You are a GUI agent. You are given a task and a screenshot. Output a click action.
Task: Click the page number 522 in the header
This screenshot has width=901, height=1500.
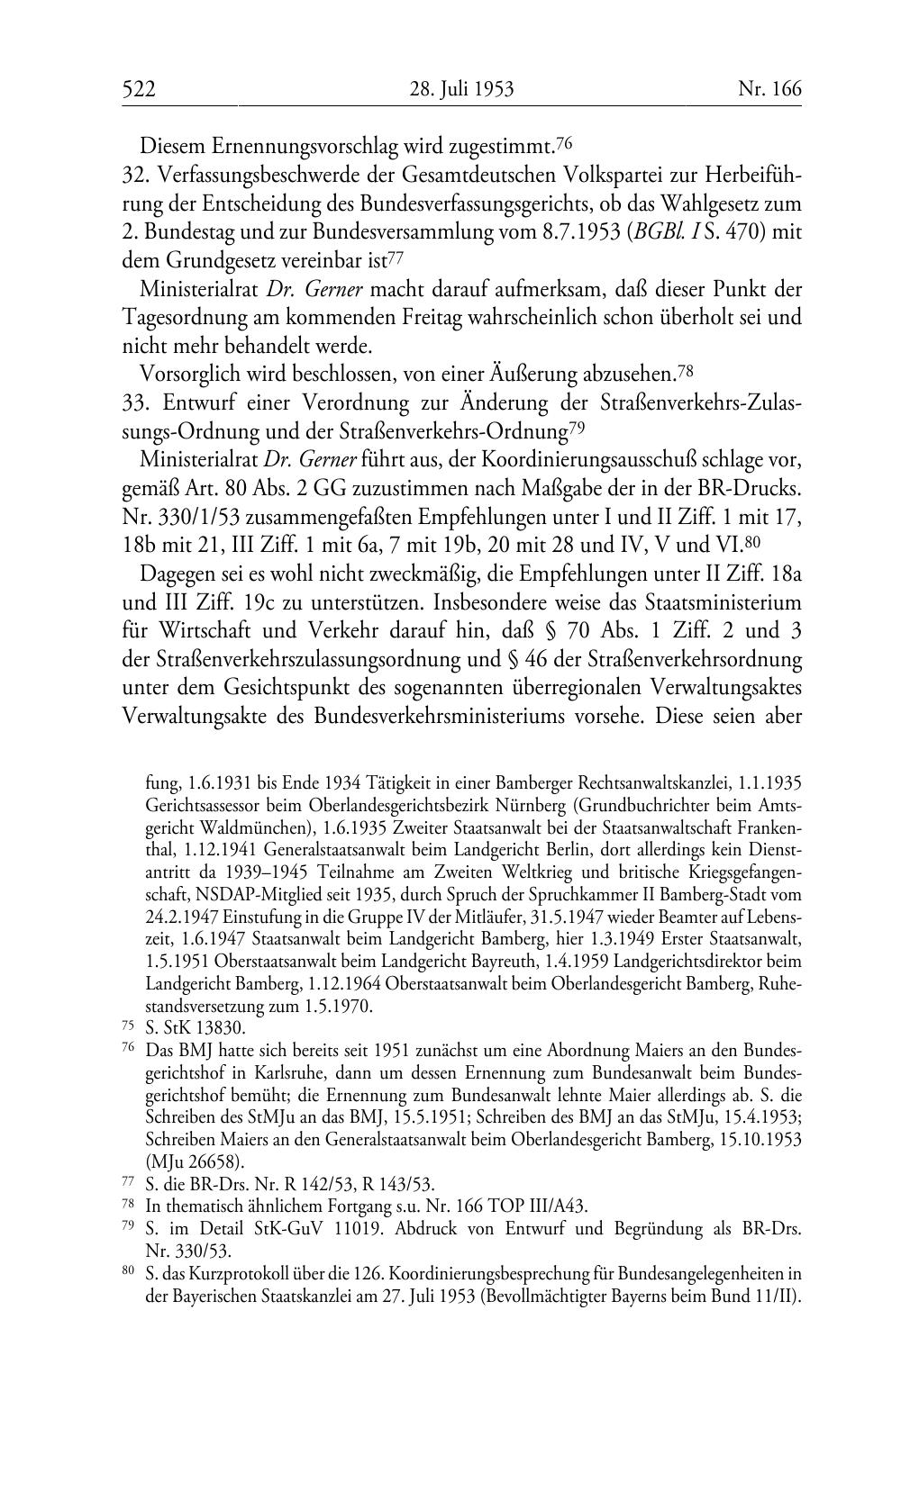(x=140, y=89)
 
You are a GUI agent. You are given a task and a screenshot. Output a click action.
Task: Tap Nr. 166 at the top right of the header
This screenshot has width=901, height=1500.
(x=769, y=89)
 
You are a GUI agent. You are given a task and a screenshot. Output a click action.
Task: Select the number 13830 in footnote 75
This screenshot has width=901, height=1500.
(x=220, y=1028)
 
